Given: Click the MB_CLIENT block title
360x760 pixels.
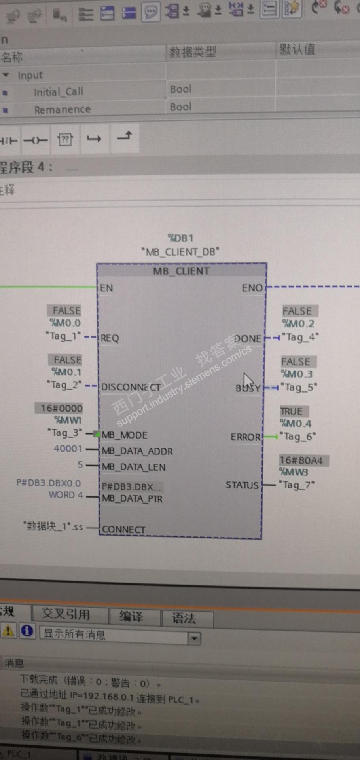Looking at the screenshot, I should click(x=181, y=271).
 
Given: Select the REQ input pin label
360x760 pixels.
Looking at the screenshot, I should click(x=110, y=338).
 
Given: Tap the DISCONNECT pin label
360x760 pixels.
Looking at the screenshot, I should click(x=131, y=387).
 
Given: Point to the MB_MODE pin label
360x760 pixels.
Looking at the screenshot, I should click(x=124, y=435).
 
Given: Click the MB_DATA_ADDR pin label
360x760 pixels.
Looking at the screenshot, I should click(x=137, y=451).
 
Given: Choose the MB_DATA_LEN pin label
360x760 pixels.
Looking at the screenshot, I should click(x=133, y=467).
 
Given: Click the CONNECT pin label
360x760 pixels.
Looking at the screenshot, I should click(x=123, y=529).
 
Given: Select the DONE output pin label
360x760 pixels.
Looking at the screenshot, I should click(x=248, y=339).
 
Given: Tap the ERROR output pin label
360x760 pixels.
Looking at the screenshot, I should click(x=246, y=437).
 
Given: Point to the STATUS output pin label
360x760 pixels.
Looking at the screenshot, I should click(x=242, y=485).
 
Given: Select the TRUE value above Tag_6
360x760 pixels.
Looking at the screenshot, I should click(x=292, y=411).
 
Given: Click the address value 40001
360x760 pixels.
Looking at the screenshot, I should click(x=68, y=448).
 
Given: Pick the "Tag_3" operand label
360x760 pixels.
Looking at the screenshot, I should click(x=65, y=433).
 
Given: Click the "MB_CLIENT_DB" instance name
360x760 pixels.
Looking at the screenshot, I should click(x=180, y=252).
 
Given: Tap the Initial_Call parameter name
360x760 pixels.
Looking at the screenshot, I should click(x=59, y=92).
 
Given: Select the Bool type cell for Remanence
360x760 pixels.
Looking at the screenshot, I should click(x=181, y=107).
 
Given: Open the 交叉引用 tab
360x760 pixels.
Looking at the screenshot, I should click(x=66, y=614).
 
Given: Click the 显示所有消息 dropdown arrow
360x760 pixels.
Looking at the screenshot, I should click(x=194, y=638).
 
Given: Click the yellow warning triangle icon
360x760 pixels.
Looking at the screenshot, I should click(x=8, y=631).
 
